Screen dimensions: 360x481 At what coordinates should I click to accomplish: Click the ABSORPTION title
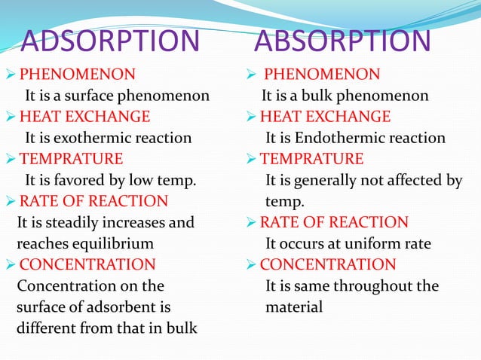342,42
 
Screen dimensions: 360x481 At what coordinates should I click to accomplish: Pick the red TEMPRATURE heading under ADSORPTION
71,159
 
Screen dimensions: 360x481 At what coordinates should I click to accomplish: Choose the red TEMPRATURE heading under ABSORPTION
311,159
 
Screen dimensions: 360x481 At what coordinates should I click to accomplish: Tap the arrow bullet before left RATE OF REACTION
11,202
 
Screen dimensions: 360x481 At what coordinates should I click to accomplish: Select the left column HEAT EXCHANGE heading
84,117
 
